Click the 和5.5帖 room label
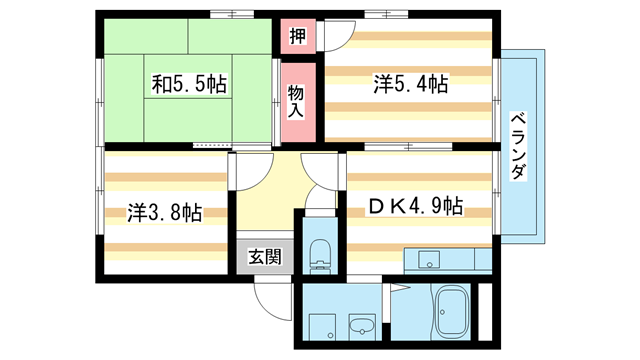pos(189,84)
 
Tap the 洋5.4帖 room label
pos(411,84)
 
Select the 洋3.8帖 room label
pos(164,212)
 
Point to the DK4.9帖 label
pos(416,205)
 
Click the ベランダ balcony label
pos(518,146)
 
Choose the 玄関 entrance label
pos(265,257)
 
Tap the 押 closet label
pos(298,36)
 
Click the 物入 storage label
pos(296,102)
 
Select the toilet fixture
pos(320,256)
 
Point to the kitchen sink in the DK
pos(429,259)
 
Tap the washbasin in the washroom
pos(362,326)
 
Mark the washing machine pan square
pos(322,327)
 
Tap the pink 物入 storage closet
pos(298,102)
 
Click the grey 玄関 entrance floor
pos(265,256)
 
